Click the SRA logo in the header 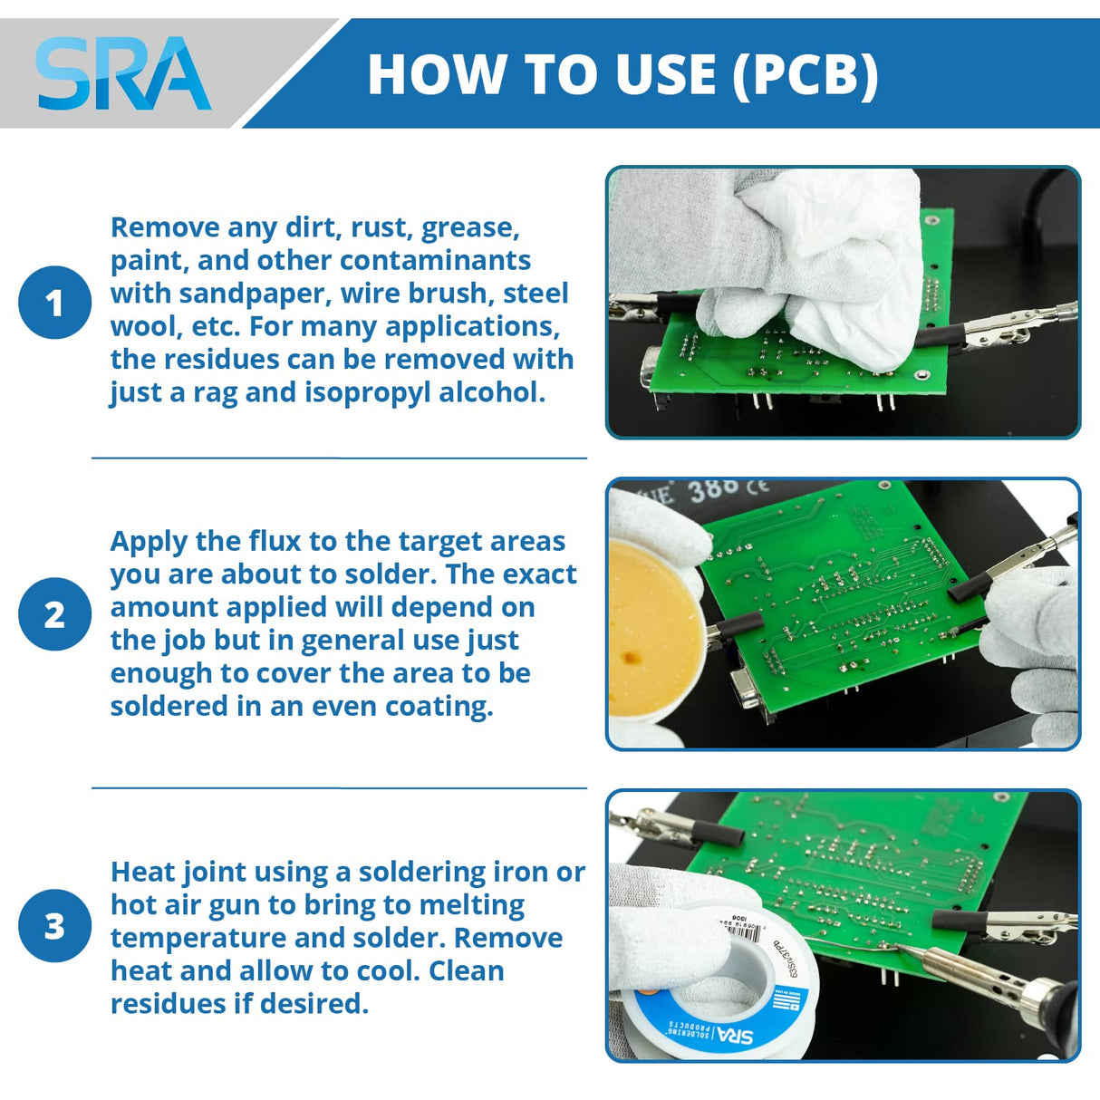pyautogui.click(x=122, y=74)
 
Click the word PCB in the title pyautogui.click(x=805, y=74)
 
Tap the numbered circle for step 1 pyautogui.click(x=54, y=303)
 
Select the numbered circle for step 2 pyautogui.click(x=54, y=614)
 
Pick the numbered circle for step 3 pyautogui.click(x=54, y=926)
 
